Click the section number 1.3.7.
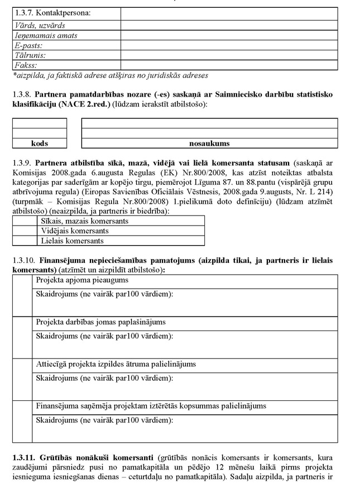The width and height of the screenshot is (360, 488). click(x=24, y=12)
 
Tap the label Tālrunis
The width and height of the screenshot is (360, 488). click(x=30, y=55)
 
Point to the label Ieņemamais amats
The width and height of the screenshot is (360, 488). click(x=46, y=35)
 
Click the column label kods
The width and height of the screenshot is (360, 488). click(x=40, y=143)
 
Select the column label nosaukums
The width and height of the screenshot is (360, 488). click(x=209, y=143)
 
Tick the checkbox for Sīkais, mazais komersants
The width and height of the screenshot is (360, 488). click(x=25, y=221)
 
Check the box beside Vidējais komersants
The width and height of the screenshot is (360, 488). click(x=25, y=231)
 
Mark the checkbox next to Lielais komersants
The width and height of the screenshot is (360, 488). click(x=25, y=241)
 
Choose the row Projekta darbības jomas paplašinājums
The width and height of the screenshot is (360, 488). click(x=100, y=322)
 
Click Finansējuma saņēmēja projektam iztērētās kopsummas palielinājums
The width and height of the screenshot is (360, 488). click(x=151, y=406)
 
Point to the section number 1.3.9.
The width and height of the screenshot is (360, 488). click(x=23, y=163)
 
